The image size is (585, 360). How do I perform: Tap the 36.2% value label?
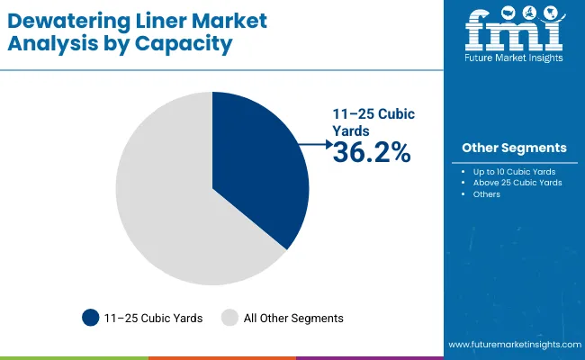point(371,153)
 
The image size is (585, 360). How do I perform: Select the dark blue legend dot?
point(91,318)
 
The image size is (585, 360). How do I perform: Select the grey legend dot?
point(229,318)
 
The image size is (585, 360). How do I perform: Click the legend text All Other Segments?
point(294,318)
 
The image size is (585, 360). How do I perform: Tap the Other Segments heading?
point(514,148)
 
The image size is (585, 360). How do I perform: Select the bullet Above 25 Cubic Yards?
point(517,183)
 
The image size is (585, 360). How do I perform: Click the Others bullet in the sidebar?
point(487,194)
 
